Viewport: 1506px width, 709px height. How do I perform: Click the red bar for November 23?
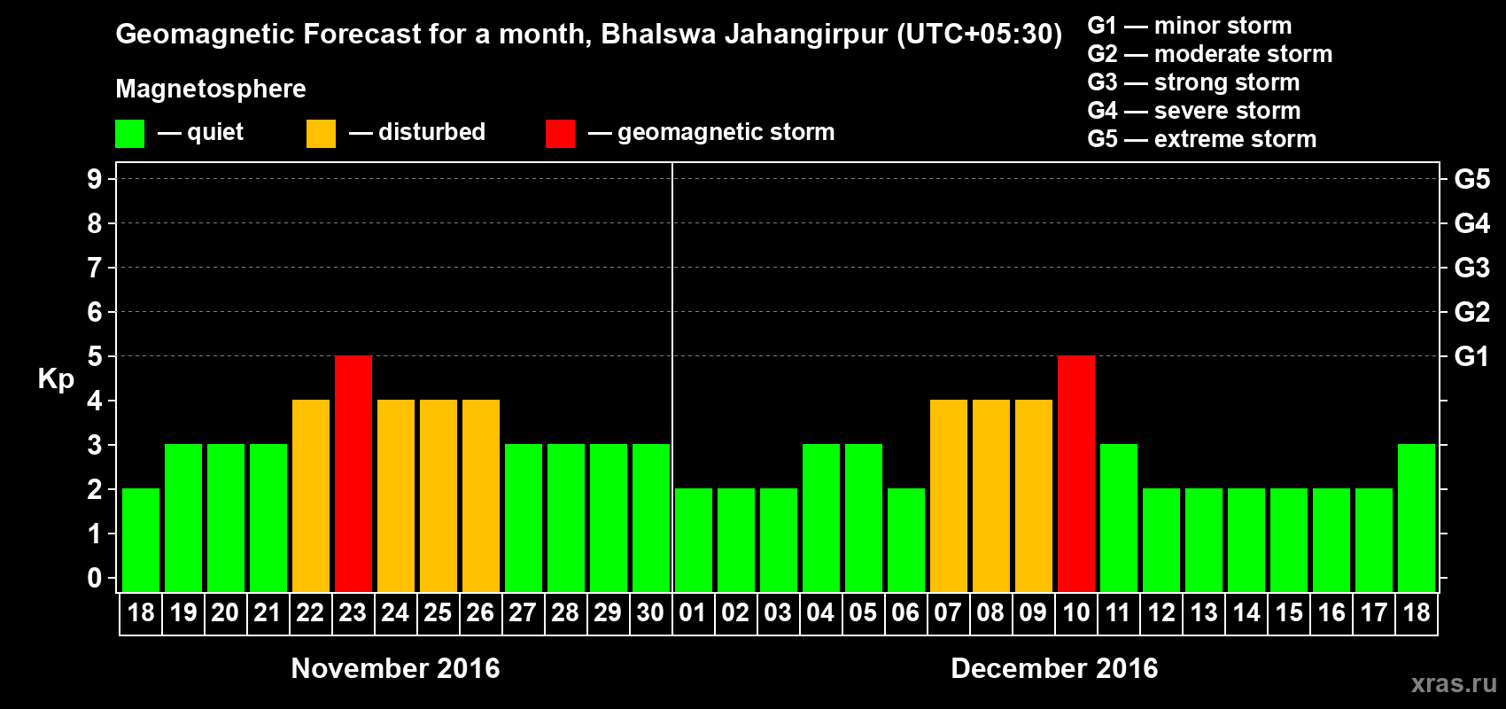[x=353, y=473]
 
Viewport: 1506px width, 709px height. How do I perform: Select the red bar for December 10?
[x=1076, y=473]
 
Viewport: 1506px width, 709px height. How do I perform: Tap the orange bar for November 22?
[x=311, y=495]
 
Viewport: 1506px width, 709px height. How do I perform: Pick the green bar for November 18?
[x=141, y=540]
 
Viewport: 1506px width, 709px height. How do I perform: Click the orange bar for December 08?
[x=991, y=495]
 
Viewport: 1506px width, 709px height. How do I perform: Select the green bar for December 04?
[x=821, y=518]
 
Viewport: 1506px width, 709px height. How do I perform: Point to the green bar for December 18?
[x=1417, y=518]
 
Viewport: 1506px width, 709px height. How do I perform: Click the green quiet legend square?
[x=130, y=134]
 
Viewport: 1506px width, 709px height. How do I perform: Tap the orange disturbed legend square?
[x=321, y=134]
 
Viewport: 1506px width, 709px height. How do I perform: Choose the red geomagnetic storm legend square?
[x=560, y=134]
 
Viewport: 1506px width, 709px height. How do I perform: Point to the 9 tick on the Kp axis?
[x=95, y=179]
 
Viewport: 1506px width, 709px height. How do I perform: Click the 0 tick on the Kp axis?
[x=95, y=579]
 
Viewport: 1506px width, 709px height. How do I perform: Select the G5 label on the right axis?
[x=1471, y=179]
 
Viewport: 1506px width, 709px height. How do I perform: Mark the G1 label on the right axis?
[x=1471, y=356]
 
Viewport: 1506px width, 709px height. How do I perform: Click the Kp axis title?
[x=56, y=379]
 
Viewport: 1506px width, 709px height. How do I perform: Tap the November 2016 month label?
[x=395, y=668]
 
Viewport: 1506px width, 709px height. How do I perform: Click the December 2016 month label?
[x=1054, y=668]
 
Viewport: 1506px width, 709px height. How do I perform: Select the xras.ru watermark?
[x=1454, y=683]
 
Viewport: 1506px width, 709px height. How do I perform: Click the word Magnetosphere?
[x=211, y=89]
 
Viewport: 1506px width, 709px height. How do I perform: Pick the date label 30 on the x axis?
[x=650, y=613]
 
